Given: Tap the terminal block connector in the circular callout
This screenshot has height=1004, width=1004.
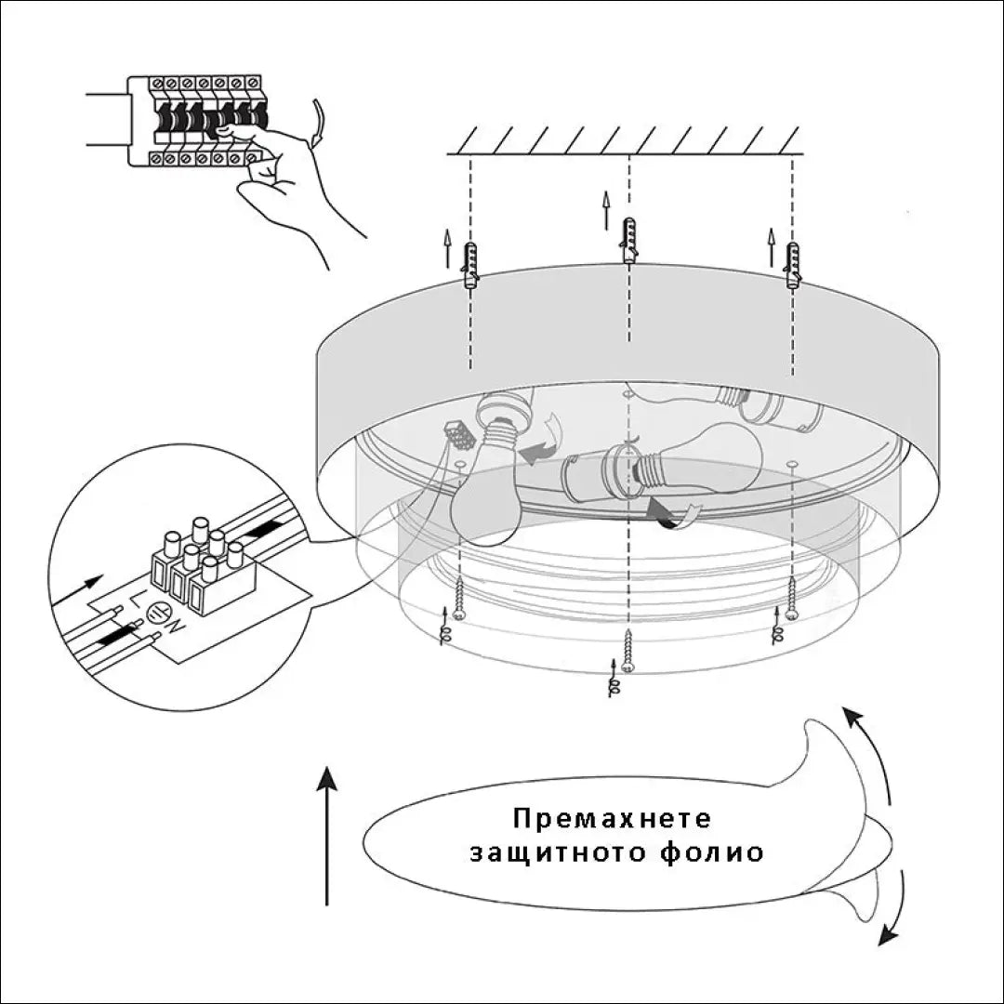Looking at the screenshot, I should tap(202, 570).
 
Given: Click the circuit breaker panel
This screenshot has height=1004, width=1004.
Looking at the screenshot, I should tap(197, 121).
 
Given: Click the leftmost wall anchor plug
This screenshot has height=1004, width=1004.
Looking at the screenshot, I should tap(469, 266).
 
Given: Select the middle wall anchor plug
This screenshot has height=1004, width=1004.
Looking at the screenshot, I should tap(629, 241).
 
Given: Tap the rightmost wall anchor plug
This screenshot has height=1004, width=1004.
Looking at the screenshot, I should tap(792, 266).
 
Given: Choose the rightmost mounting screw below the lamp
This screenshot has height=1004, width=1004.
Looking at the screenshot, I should tap(790, 598).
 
